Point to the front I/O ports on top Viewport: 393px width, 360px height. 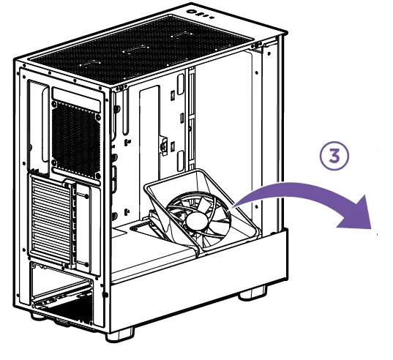tap(200, 12)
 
